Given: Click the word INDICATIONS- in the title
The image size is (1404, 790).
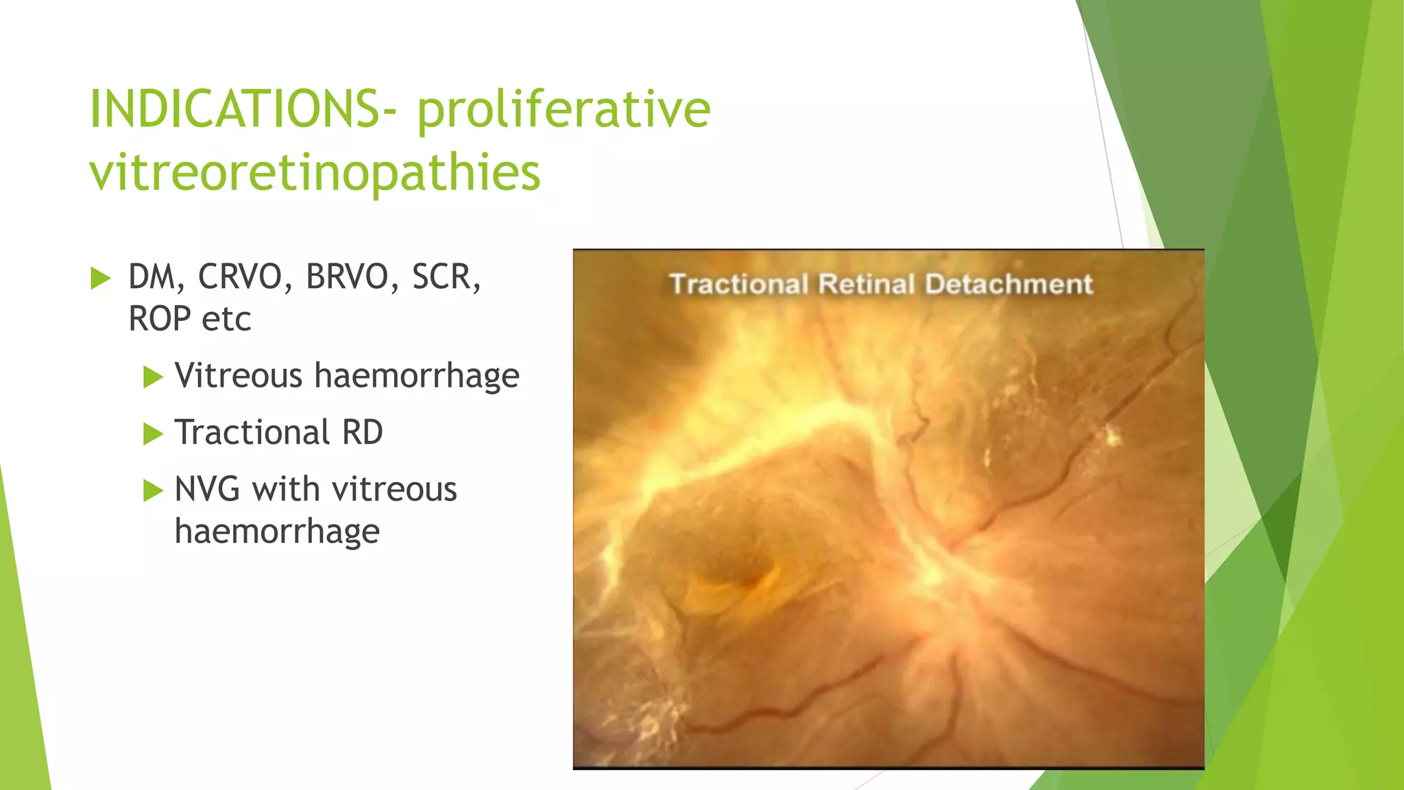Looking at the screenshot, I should (243, 110).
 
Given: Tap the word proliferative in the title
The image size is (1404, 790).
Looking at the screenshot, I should (564, 110).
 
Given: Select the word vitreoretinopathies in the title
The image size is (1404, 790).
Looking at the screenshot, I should (315, 172).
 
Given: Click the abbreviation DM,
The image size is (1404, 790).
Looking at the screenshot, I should (157, 277).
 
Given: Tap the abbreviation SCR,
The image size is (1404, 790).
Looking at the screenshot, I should (446, 277).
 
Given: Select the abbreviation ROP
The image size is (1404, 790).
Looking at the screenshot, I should (160, 319).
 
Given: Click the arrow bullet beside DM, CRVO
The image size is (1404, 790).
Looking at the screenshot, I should (100, 278).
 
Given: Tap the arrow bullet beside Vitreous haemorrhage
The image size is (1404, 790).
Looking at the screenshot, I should (153, 377).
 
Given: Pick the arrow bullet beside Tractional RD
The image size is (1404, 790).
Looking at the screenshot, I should (153, 434).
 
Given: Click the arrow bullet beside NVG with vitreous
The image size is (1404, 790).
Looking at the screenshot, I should (153, 491).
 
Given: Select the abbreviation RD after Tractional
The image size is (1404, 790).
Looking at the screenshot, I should (363, 433).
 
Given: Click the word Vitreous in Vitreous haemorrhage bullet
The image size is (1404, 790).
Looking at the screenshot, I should (239, 376).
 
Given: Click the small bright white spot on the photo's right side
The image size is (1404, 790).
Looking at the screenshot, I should (1111, 435).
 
